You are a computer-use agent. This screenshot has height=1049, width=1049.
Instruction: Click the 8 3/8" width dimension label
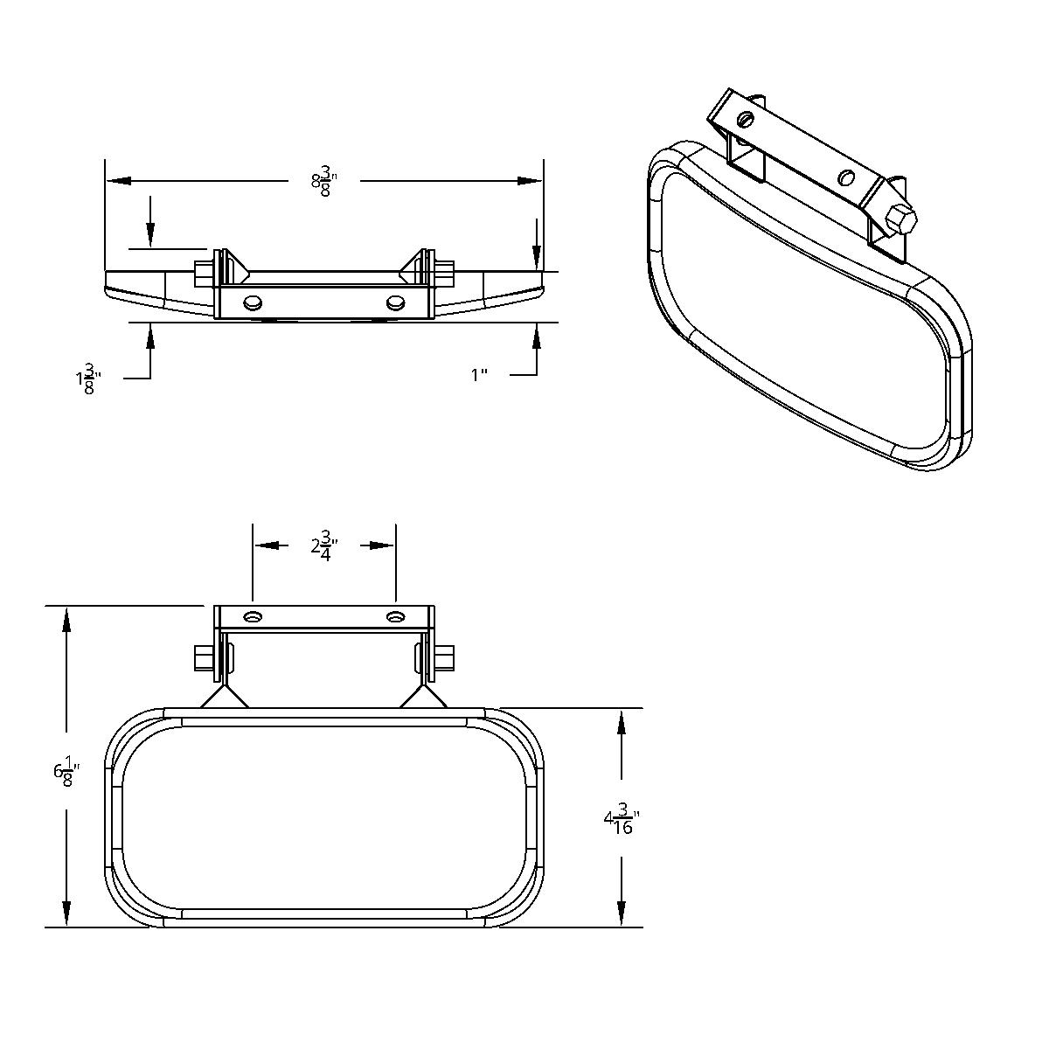(x=323, y=182)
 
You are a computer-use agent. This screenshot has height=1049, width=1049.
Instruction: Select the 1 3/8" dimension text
(x=88, y=380)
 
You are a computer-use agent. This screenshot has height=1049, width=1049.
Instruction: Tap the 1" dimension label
(x=479, y=375)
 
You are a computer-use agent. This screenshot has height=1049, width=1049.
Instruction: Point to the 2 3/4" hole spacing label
(x=323, y=546)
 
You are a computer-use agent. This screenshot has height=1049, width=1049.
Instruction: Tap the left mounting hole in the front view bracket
(x=253, y=617)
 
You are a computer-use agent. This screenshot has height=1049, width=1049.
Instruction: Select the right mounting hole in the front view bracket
(x=396, y=617)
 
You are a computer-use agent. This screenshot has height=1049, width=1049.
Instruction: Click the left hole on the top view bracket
(x=254, y=302)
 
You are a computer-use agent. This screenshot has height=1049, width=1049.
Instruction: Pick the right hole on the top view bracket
(x=394, y=302)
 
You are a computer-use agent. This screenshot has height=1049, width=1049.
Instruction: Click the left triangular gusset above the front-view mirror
(x=224, y=696)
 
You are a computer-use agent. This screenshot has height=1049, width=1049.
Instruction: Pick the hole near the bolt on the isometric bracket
(x=845, y=177)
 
